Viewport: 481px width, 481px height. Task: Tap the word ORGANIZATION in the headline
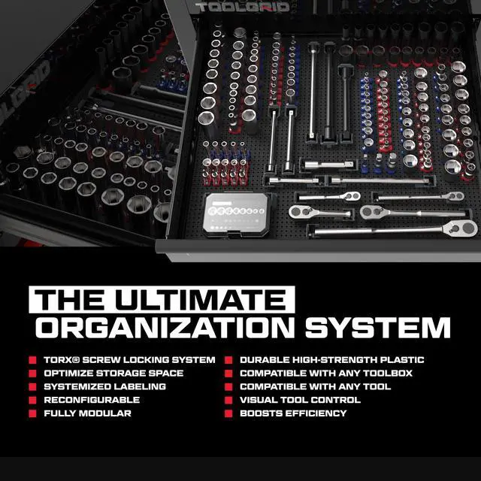click(x=165, y=328)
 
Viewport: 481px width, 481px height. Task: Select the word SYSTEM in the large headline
click(x=377, y=328)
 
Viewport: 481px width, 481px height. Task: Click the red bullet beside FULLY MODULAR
click(x=32, y=413)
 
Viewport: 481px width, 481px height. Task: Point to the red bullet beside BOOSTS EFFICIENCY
click(x=228, y=413)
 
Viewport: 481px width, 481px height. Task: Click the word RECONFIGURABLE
click(x=92, y=400)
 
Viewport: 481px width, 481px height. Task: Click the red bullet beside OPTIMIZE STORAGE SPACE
click(x=32, y=374)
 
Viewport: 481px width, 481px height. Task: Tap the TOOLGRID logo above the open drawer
click(x=242, y=7)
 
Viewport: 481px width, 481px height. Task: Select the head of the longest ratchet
click(x=460, y=228)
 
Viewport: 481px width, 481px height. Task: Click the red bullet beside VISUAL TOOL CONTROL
click(x=228, y=400)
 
